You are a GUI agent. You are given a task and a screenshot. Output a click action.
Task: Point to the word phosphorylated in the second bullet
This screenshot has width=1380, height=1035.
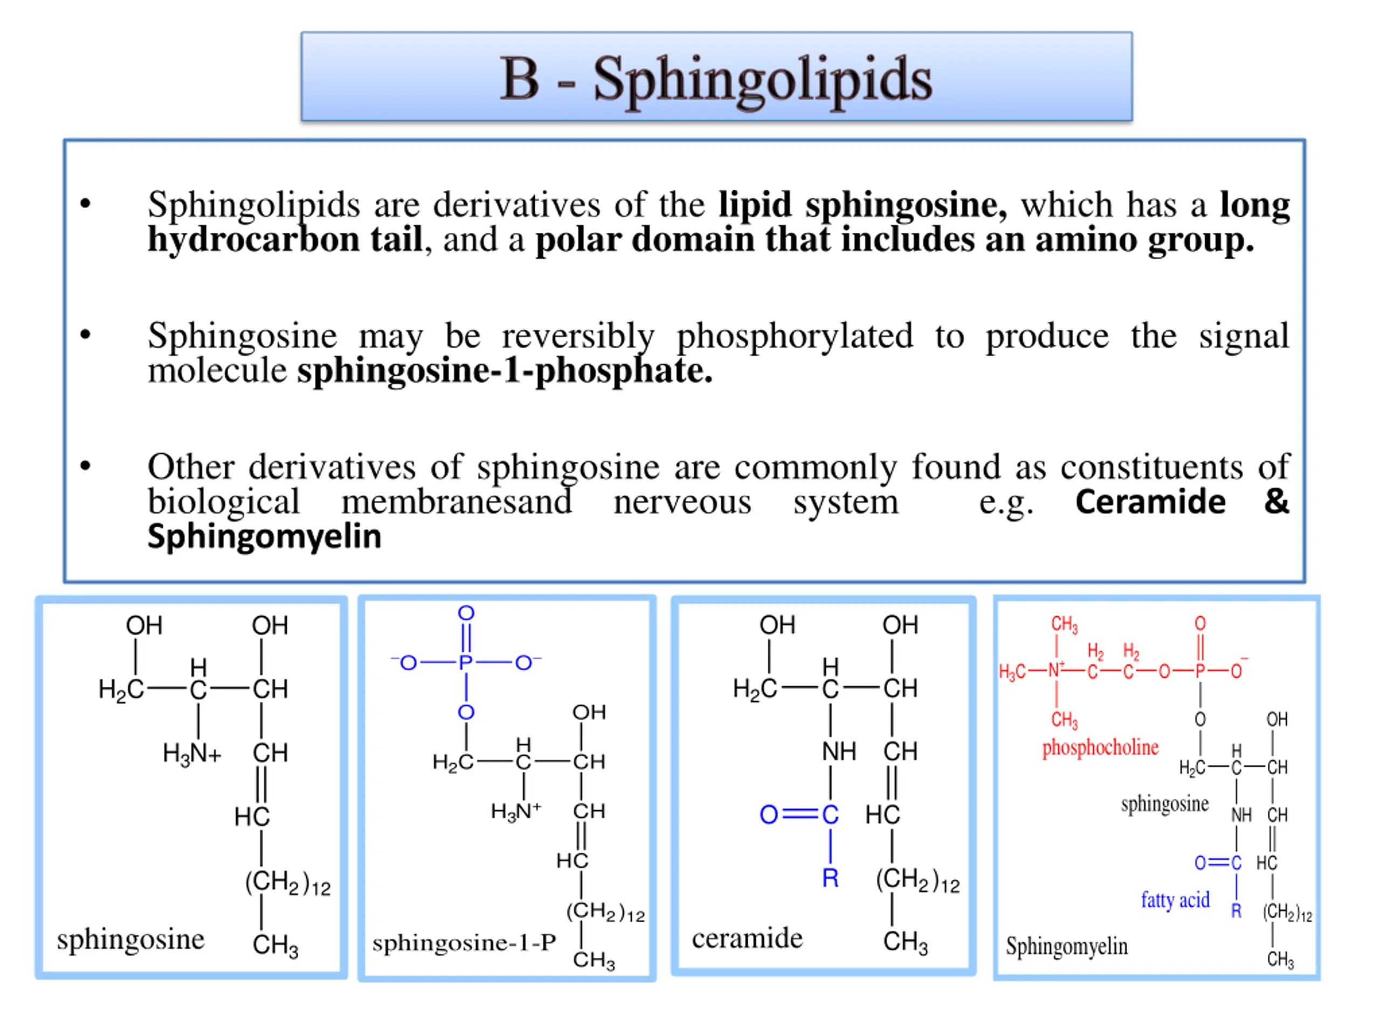(x=795, y=337)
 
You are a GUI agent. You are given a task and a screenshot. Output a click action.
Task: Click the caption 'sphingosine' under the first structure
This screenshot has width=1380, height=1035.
(x=130, y=940)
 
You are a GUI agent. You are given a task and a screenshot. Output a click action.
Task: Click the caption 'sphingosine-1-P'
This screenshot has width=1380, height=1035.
(x=464, y=943)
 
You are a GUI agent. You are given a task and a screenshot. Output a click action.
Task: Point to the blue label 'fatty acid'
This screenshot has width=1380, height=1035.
(x=1175, y=900)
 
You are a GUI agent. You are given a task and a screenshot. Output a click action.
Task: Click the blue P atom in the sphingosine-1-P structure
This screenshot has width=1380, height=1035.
(x=465, y=663)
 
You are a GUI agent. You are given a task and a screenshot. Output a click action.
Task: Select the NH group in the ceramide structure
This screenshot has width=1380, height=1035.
(x=838, y=751)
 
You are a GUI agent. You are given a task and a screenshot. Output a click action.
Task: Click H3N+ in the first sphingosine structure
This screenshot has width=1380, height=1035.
(x=191, y=754)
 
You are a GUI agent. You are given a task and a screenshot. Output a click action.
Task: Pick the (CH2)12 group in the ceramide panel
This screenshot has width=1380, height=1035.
(x=917, y=880)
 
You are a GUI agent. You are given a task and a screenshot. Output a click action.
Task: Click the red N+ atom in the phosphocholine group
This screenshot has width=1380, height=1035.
(x=1055, y=670)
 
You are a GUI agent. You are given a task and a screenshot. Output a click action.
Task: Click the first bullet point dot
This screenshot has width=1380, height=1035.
(x=86, y=204)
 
